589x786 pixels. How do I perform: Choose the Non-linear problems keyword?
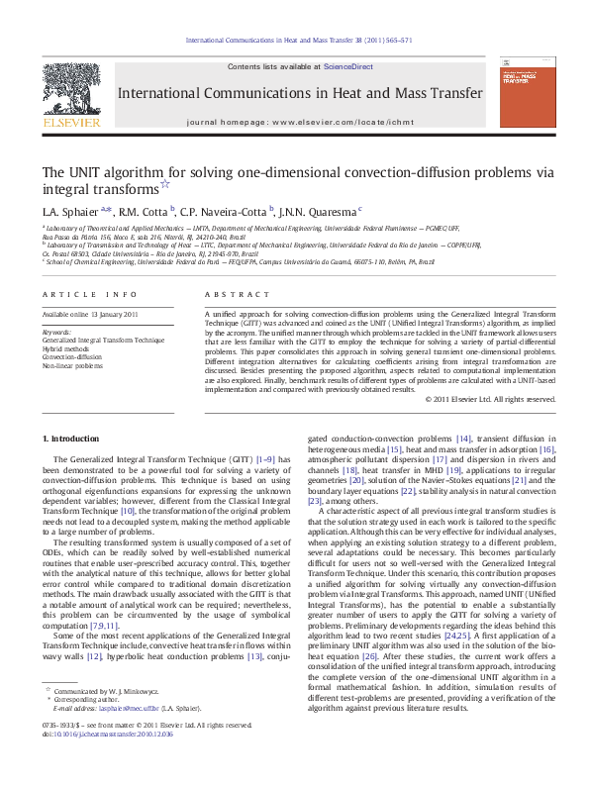[71, 365]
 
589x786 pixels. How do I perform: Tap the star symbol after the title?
[165, 184]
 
